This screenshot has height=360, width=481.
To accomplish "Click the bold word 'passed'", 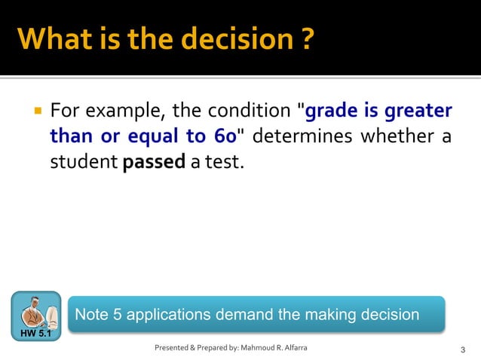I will click(154, 162).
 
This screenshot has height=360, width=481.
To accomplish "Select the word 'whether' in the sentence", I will click(399, 137).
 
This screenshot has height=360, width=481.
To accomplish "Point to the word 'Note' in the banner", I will click(91, 315).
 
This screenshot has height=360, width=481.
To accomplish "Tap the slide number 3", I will click(462, 349).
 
